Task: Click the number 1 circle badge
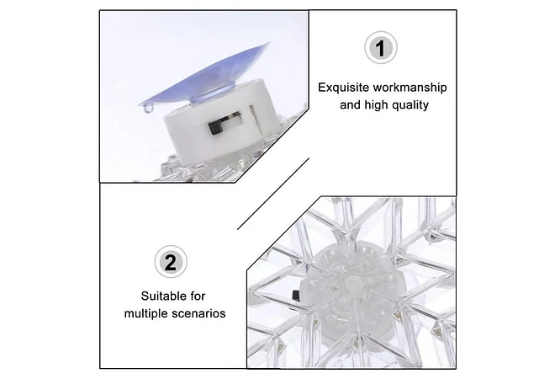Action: pyautogui.click(x=380, y=48)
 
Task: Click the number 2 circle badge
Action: pyautogui.click(x=171, y=262)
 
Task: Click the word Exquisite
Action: pyautogui.click(x=343, y=88)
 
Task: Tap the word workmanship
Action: pyautogui.click(x=410, y=88)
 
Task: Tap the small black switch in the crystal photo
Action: pyautogui.click(x=295, y=294)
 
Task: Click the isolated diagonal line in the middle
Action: pyautogui.click(x=273, y=194)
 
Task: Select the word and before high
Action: pyautogui.click(x=350, y=105)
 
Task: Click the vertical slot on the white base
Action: pyautogui.click(x=253, y=118)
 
